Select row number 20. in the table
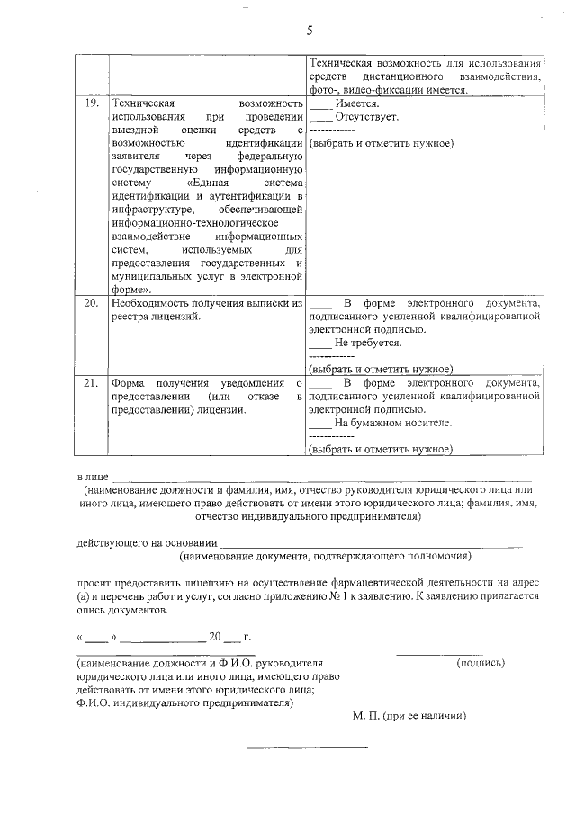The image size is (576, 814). point(90,304)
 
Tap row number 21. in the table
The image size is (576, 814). point(89,384)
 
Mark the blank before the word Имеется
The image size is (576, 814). point(319,105)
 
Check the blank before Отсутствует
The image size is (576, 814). point(319,118)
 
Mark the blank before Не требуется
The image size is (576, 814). point(319,344)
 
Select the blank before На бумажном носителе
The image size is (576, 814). point(319,424)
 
